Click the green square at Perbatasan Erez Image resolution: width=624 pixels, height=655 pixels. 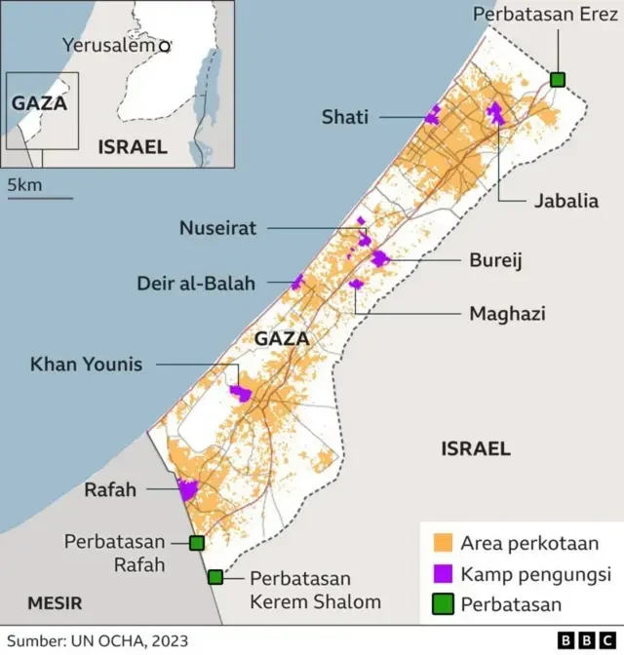(558, 79)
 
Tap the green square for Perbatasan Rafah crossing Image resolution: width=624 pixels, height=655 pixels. (197, 543)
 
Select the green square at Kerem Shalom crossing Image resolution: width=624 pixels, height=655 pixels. (215, 577)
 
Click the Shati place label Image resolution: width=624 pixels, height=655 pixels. (345, 117)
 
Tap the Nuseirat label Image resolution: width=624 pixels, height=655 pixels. (217, 228)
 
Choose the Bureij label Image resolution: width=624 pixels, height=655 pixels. (496, 261)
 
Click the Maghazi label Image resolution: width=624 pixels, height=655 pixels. (507, 313)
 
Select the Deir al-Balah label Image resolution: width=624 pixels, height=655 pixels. (196, 284)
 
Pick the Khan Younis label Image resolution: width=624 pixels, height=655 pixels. (86, 365)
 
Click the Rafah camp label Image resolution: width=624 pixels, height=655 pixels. (109, 489)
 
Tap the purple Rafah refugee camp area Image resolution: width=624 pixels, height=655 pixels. (187, 489)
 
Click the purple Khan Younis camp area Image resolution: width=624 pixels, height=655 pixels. (240, 393)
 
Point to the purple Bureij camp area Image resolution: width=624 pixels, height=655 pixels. (379, 258)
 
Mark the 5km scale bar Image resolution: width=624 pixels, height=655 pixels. (40, 198)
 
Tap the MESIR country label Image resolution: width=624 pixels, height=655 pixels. (54, 601)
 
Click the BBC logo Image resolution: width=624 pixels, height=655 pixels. (585, 640)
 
